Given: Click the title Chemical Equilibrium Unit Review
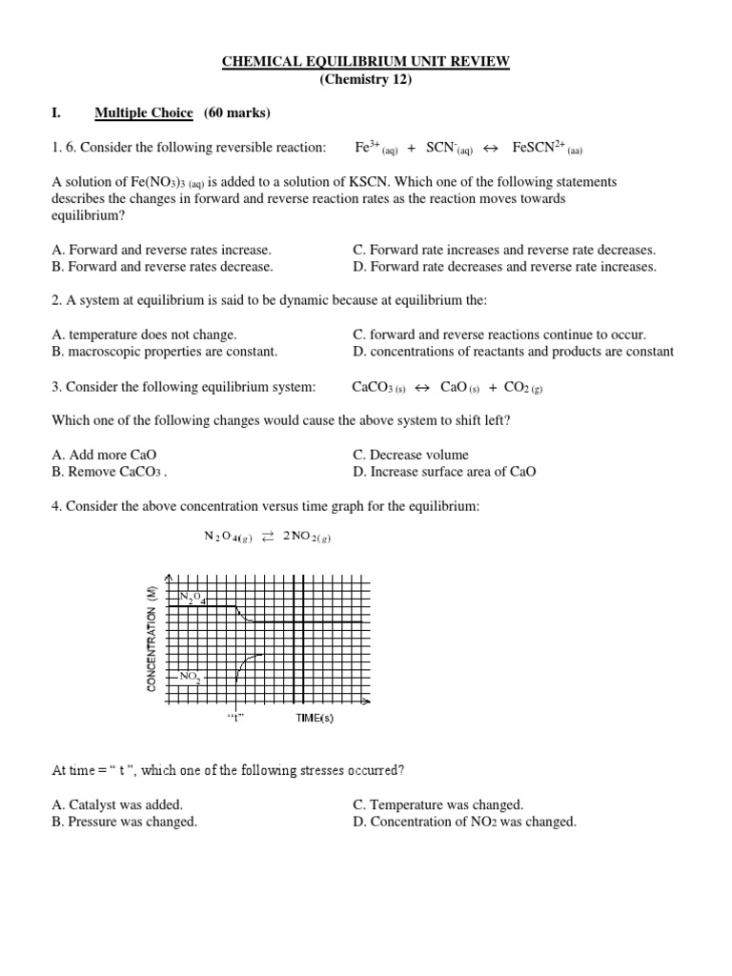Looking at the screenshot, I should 366,62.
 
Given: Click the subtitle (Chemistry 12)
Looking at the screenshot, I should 366,79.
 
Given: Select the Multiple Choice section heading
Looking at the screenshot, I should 143,113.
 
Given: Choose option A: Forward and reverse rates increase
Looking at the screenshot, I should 161,250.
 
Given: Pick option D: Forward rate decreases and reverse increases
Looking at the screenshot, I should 504,267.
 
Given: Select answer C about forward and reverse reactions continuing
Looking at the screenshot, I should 499,335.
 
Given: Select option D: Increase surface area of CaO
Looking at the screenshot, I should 444,472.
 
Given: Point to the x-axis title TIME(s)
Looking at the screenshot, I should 315,718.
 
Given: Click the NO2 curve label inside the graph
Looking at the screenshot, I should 190,677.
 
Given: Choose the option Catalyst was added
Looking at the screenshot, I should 117,804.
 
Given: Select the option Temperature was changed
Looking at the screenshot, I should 437,804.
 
